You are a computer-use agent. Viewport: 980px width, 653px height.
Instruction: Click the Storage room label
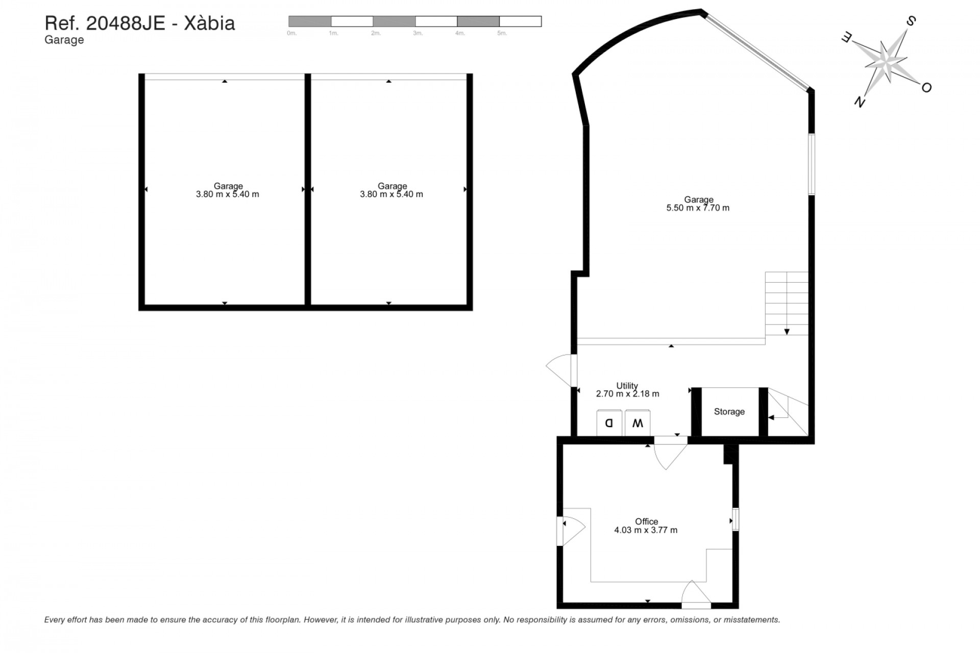point(729,412)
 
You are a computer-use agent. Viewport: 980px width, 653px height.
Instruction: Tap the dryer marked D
point(609,423)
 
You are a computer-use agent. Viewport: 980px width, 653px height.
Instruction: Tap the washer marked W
point(638,423)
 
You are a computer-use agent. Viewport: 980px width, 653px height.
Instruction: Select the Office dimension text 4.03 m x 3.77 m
point(646,530)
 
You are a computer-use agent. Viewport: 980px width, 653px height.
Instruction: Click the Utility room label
point(627,386)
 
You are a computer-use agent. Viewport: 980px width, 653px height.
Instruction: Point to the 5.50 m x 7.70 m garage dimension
point(698,208)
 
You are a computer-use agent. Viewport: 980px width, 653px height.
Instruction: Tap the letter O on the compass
point(926,88)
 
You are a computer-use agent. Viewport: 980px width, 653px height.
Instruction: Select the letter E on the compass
point(846,37)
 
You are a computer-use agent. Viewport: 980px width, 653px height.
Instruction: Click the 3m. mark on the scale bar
point(418,33)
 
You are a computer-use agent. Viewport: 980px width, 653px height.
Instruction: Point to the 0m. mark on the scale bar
point(291,33)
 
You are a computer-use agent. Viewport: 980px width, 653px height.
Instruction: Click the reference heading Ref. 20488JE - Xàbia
point(140,23)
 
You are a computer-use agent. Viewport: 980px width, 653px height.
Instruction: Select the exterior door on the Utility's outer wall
point(561,370)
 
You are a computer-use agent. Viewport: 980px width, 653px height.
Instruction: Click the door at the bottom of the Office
point(696,595)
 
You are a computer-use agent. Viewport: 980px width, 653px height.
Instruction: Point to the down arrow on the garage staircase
point(787,332)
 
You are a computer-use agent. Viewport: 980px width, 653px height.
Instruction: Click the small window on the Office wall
point(736,519)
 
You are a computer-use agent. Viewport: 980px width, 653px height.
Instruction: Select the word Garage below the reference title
point(64,40)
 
